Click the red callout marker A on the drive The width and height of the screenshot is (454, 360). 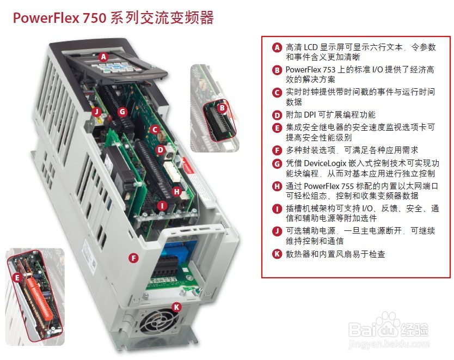[x=104, y=56]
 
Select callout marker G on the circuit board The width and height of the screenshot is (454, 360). [x=122, y=111]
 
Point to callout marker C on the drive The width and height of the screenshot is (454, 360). [x=155, y=130]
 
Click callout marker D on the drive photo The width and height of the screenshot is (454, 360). [x=160, y=149]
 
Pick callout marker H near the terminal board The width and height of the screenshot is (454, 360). [x=176, y=191]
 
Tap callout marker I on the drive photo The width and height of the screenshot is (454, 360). [x=162, y=206]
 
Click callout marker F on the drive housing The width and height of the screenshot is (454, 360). [x=132, y=258]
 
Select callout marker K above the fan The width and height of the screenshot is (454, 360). [x=176, y=307]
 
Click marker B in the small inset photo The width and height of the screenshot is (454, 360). [x=222, y=108]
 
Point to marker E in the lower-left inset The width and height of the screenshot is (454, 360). [x=19, y=278]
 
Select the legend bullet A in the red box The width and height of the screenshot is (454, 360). [x=277, y=47]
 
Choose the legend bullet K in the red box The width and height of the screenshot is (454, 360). [x=277, y=254]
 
